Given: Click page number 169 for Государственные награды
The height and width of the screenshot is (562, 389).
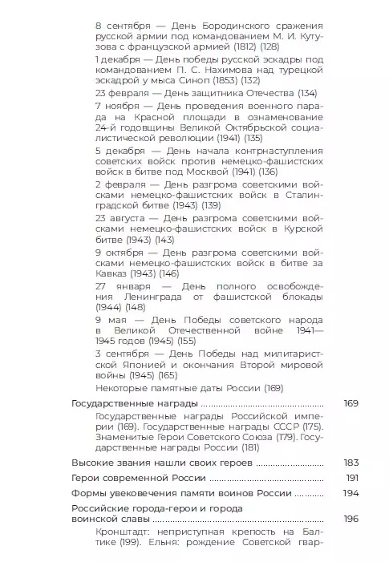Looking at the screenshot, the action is point(351,403).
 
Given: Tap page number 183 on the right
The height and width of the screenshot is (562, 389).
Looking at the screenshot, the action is point(351,463).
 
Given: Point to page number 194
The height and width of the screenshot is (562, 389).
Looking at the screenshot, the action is point(351,493).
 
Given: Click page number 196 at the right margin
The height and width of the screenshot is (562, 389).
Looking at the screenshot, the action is point(351,519).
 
